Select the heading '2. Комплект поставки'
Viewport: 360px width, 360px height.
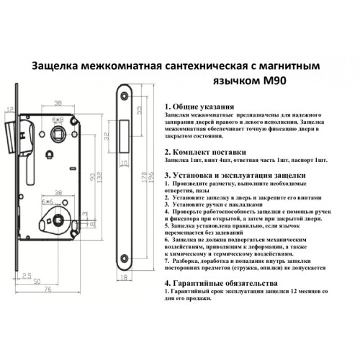(207, 152)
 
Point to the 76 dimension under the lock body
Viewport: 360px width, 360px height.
(45, 290)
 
